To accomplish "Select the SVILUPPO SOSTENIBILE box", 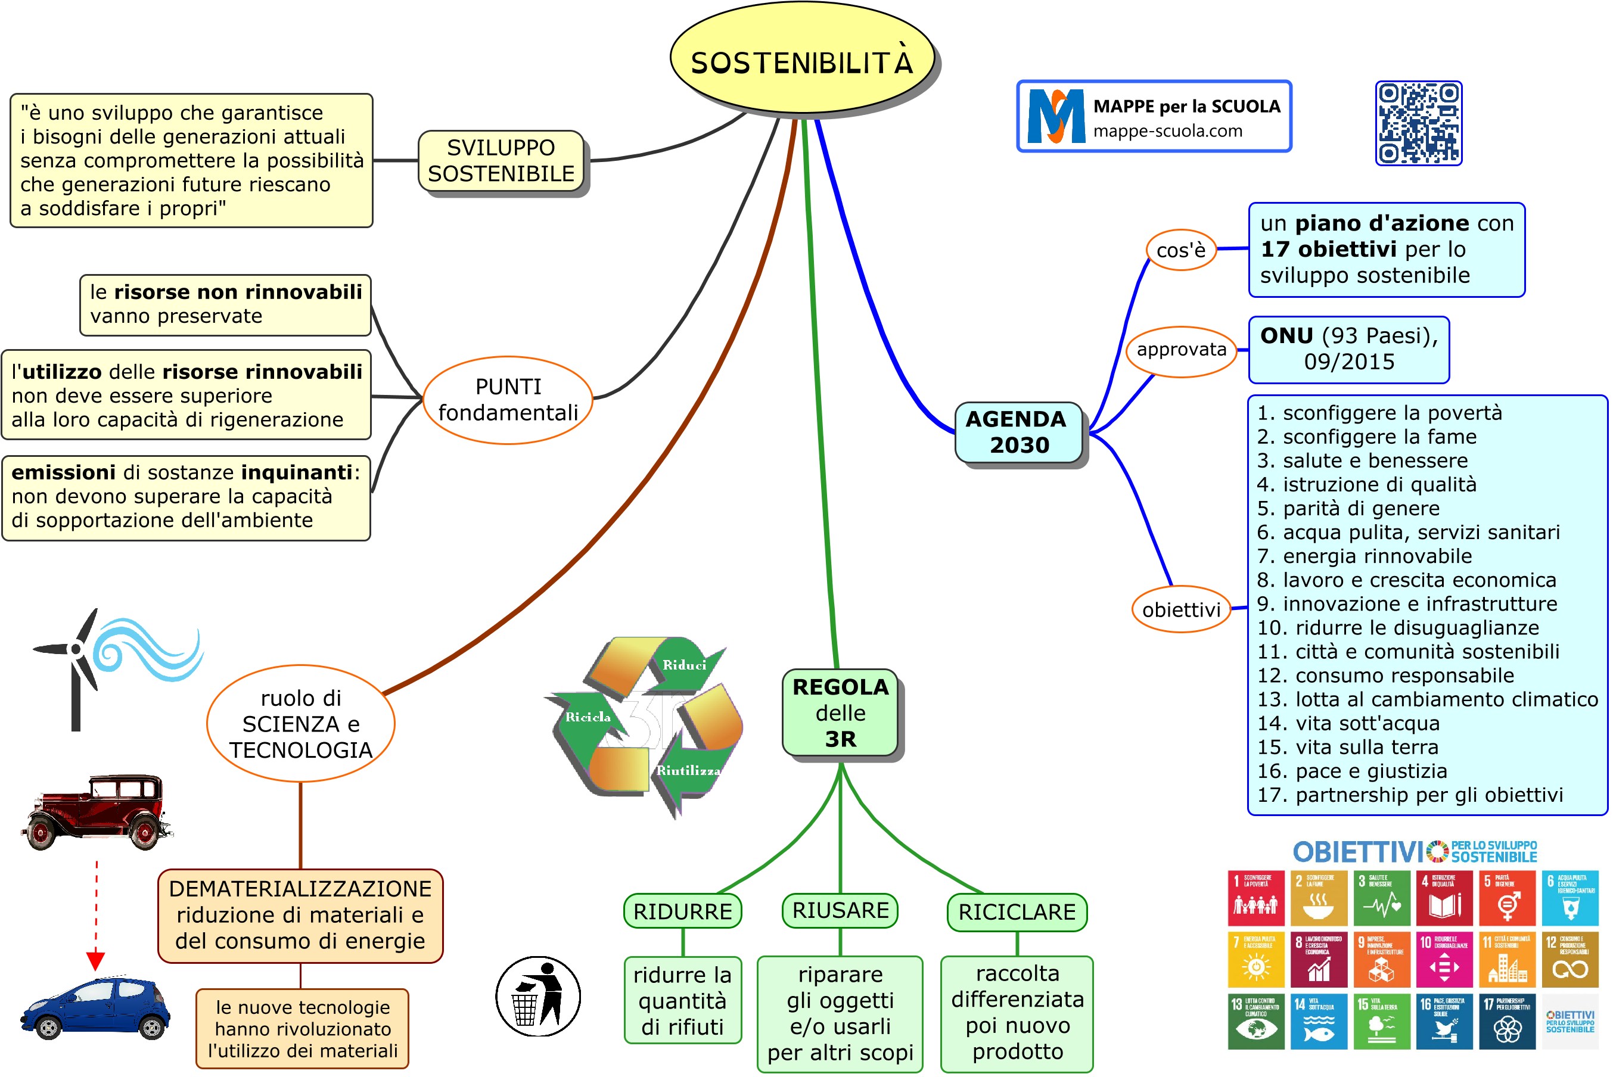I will click(501, 161).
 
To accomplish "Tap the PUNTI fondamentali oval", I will click(508, 400).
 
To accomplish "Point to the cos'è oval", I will click(1180, 250).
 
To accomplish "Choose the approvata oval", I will click(1181, 350).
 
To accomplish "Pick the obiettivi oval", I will click(1181, 609).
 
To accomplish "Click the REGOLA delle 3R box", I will click(840, 713).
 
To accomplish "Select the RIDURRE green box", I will click(682, 911).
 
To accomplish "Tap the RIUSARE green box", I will click(840, 911).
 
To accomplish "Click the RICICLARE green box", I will click(1017, 912).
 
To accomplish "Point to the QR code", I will click(1418, 124).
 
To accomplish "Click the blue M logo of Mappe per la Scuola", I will click(1055, 116).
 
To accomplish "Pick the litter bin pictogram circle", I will click(538, 996).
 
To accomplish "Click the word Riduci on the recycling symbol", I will click(684, 665).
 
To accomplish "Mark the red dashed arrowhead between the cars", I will click(95, 960).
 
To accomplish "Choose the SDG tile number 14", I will click(1318, 1022).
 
